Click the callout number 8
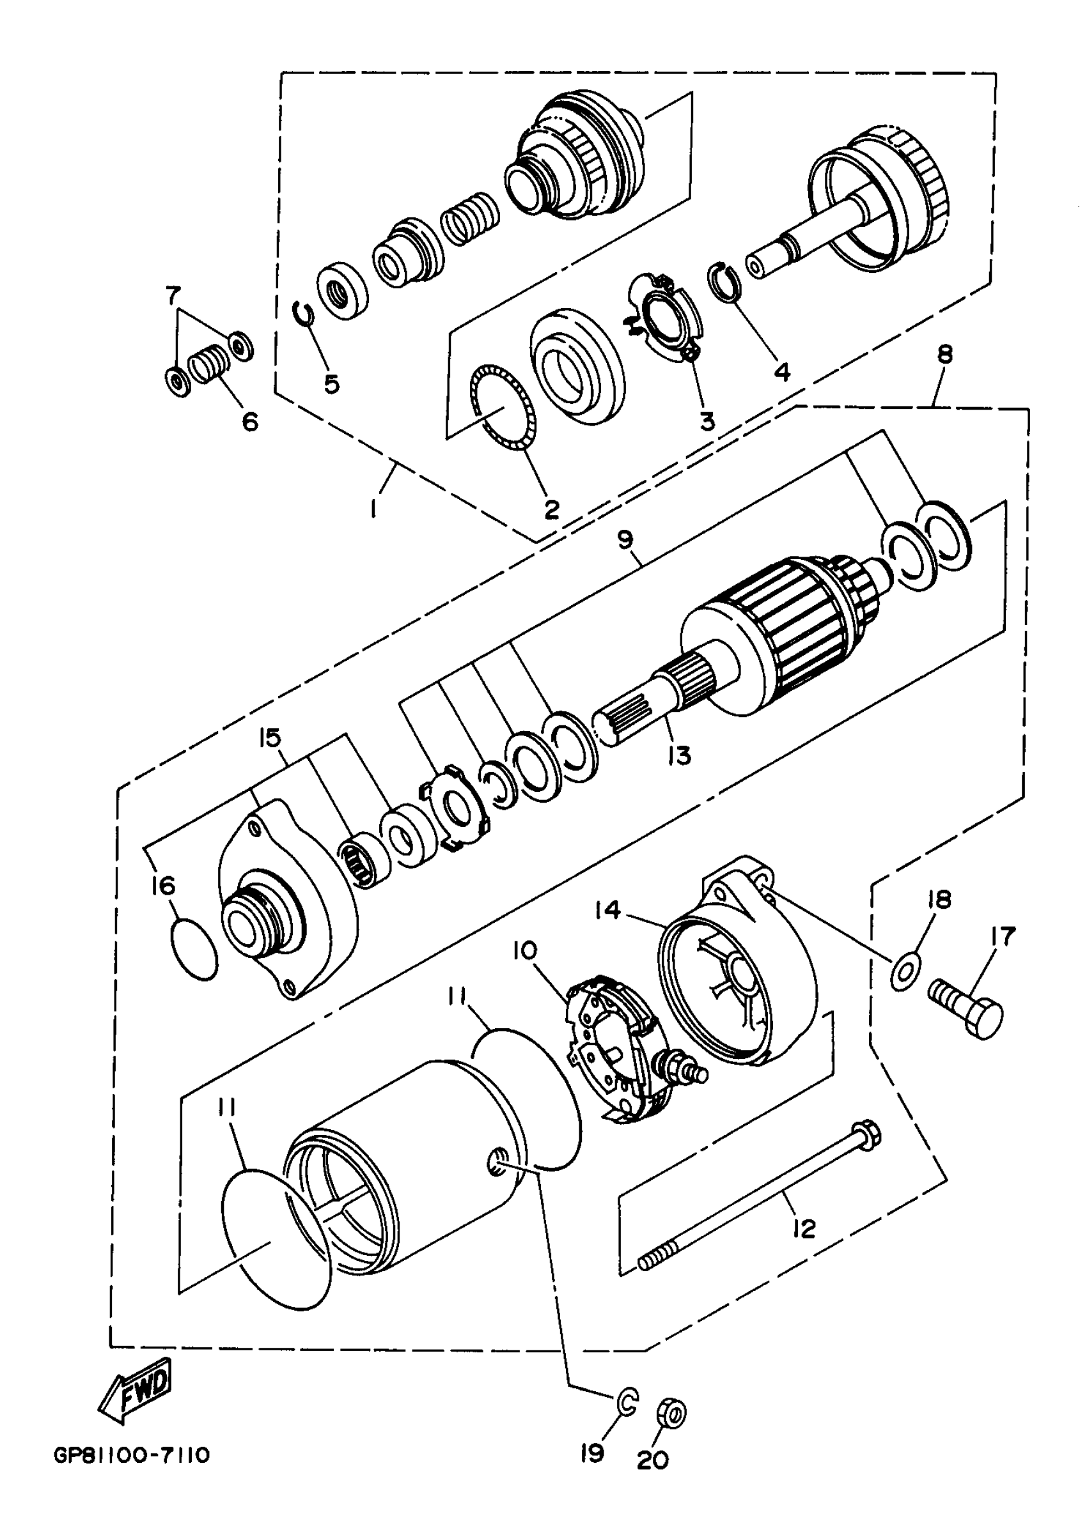tap(944, 355)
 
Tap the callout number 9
tap(625, 539)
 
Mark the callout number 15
tap(271, 739)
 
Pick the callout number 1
tap(374, 509)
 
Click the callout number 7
tap(173, 295)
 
